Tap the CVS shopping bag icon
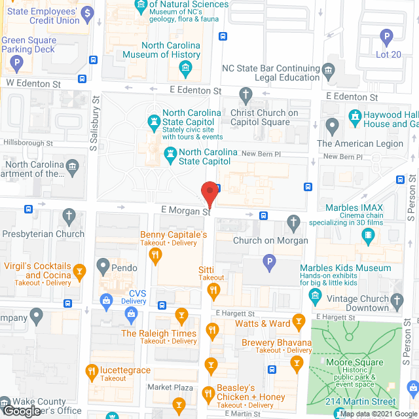(x=105, y=301)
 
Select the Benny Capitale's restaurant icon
(x=155, y=256)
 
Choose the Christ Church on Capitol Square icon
(x=246, y=95)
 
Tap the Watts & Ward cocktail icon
(x=299, y=320)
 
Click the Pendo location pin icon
(x=102, y=266)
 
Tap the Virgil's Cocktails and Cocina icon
(x=80, y=270)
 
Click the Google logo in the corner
(x=21, y=410)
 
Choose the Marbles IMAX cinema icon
(x=373, y=236)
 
